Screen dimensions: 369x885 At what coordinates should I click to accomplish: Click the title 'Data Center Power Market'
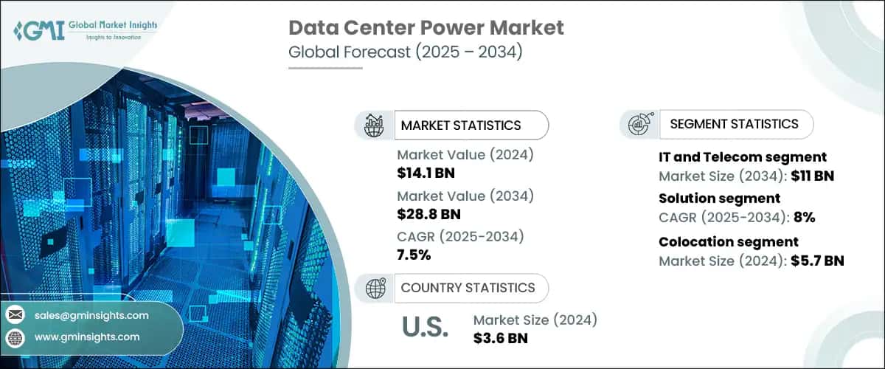[x=426, y=28]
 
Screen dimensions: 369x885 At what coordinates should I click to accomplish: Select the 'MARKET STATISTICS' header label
[x=461, y=125]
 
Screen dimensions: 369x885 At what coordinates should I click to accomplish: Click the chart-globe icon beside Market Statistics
[x=375, y=125]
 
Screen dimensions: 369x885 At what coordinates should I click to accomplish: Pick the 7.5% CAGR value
[x=414, y=255]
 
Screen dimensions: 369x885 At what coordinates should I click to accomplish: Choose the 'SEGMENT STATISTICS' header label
[x=734, y=124]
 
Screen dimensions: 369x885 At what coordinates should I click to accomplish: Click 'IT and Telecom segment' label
[x=742, y=156]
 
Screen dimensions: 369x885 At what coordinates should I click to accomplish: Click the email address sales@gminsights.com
[x=91, y=315]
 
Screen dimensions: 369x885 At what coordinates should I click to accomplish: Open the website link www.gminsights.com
[x=87, y=337]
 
